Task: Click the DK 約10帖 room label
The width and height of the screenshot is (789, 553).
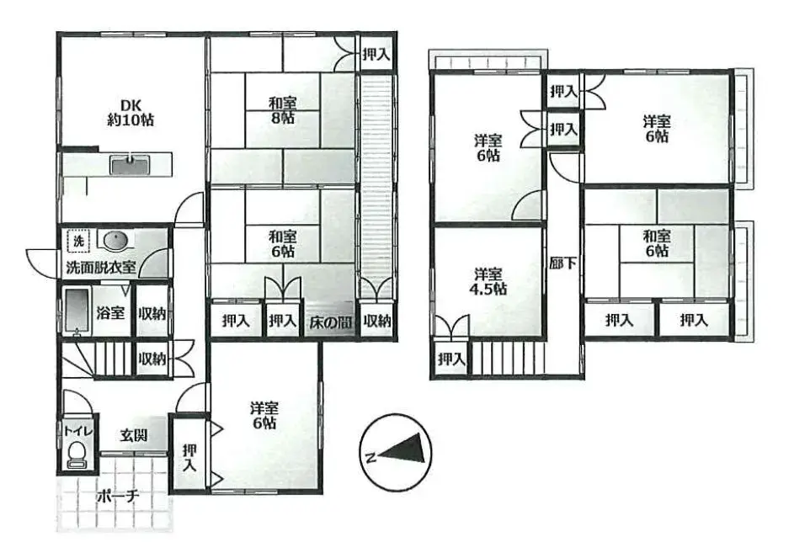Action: coord(130,112)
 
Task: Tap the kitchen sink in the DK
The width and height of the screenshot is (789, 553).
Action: coord(129,164)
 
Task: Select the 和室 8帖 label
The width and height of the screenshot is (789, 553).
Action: coord(282,110)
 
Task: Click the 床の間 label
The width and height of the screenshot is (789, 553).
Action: coord(328,321)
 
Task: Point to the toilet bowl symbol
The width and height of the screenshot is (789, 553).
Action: coord(77,454)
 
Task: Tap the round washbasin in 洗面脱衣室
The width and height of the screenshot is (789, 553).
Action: coord(115,242)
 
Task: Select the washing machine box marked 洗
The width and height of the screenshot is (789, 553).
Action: coord(77,242)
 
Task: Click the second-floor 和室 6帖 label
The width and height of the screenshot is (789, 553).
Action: coord(657,243)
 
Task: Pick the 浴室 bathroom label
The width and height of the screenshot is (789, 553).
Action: coord(109,313)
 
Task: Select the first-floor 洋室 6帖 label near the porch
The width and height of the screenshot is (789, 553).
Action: coord(264,414)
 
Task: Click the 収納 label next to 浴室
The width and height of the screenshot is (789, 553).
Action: coord(152,313)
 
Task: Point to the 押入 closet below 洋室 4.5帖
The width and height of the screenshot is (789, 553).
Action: coord(451,359)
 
